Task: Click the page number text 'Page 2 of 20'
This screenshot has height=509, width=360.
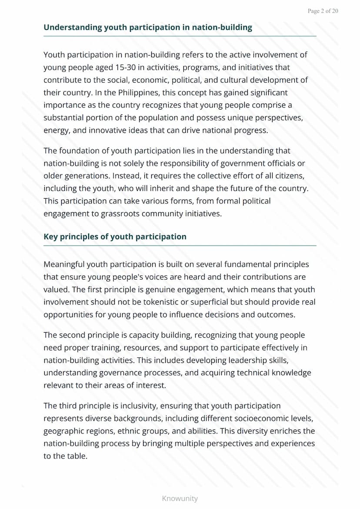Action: point(323,11)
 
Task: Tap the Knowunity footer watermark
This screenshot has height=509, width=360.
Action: point(180,498)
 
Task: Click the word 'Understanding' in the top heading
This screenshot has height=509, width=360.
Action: point(73,27)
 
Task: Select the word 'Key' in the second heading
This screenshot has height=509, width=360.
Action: point(50,236)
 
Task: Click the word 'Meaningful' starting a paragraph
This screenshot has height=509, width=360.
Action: point(64,264)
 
